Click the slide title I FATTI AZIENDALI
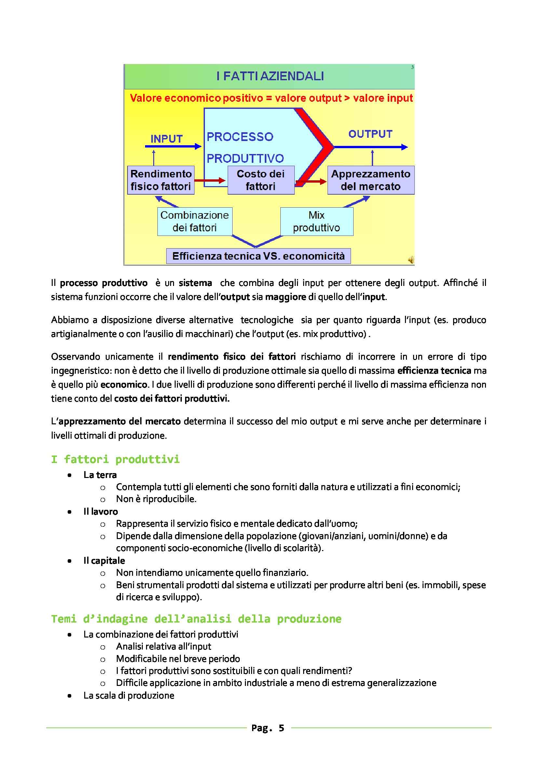[x=270, y=76]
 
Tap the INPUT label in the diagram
[x=166, y=139]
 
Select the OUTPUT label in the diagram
[x=370, y=134]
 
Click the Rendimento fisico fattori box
[x=161, y=180]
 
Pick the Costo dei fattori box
[x=261, y=180]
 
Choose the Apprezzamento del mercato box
[x=370, y=180]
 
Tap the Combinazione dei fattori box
[x=195, y=222]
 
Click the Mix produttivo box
[x=316, y=222]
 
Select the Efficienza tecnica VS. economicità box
[x=258, y=256]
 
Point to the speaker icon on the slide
[x=411, y=260]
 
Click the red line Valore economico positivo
[x=271, y=98]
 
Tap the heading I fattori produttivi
[x=115, y=459]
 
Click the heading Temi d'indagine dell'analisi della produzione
[x=196, y=619]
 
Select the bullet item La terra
[x=100, y=475]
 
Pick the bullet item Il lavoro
[x=101, y=511]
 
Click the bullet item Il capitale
[x=104, y=560]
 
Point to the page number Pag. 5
[x=268, y=728]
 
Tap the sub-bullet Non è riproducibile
[x=156, y=499]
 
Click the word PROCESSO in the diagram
[x=240, y=137]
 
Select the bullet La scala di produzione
[x=128, y=695]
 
